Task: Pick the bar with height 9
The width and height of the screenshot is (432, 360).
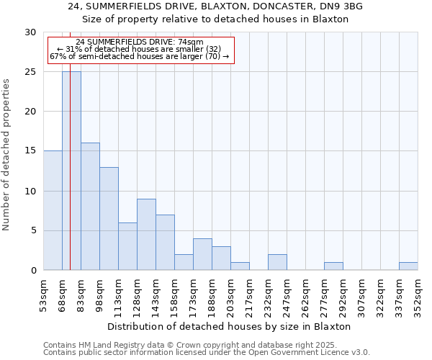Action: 146,234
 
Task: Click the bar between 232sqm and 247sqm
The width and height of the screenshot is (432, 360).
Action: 277,263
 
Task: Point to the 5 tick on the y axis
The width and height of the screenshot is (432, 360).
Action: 33,230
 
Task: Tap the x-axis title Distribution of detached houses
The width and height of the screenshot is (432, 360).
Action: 230,326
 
